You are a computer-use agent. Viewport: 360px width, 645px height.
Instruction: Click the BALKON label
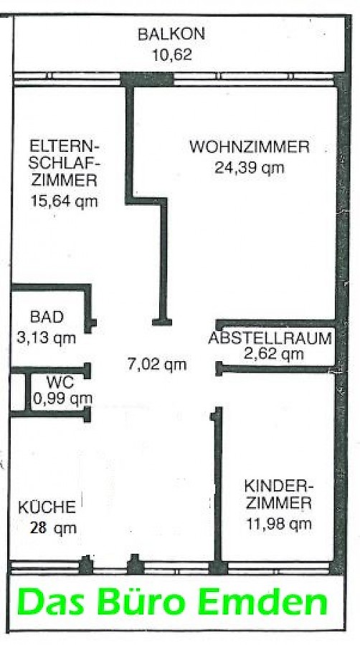pyautogui.click(x=171, y=34)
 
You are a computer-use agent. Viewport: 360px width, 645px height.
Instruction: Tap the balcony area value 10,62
pyautogui.click(x=172, y=54)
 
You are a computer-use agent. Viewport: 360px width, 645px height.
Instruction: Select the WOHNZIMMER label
pyautogui.click(x=250, y=147)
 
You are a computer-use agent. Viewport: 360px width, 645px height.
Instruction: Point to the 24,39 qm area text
pyautogui.click(x=250, y=168)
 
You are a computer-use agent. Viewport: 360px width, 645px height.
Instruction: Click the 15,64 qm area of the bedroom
pyautogui.click(x=64, y=201)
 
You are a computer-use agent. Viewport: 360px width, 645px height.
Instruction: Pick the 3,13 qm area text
pyautogui.click(x=46, y=338)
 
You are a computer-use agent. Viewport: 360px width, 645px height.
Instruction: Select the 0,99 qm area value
pyautogui.click(x=62, y=398)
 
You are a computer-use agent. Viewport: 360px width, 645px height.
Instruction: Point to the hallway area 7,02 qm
pyautogui.click(x=157, y=364)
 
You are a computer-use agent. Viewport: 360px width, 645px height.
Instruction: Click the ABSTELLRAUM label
pyautogui.click(x=270, y=338)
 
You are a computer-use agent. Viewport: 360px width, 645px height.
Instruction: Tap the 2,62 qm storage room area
pyautogui.click(x=274, y=353)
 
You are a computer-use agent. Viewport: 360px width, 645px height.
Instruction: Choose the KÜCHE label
pyautogui.click(x=47, y=507)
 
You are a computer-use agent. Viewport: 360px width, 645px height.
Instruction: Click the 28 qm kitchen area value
pyautogui.click(x=53, y=528)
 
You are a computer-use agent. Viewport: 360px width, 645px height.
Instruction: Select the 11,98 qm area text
pyautogui.click(x=279, y=524)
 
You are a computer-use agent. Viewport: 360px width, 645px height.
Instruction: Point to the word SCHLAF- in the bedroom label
pyautogui.click(x=65, y=163)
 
